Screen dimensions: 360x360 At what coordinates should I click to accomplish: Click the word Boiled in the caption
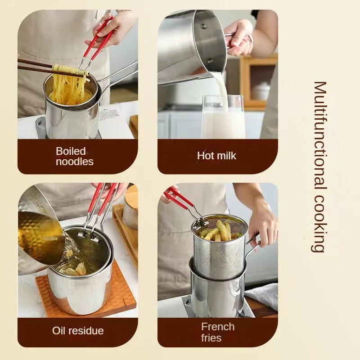coord(71,151)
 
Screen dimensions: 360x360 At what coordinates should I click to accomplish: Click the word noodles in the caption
coord(75,162)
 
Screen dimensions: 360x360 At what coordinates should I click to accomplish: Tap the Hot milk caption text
coord(216,156)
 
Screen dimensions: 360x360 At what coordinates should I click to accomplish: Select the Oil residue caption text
coord(78,331)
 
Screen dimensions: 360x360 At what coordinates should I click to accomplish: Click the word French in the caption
coord(218,327)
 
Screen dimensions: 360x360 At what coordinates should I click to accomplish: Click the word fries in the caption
coord(211,337)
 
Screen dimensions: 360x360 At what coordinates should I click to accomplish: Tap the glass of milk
coord(223,119)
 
